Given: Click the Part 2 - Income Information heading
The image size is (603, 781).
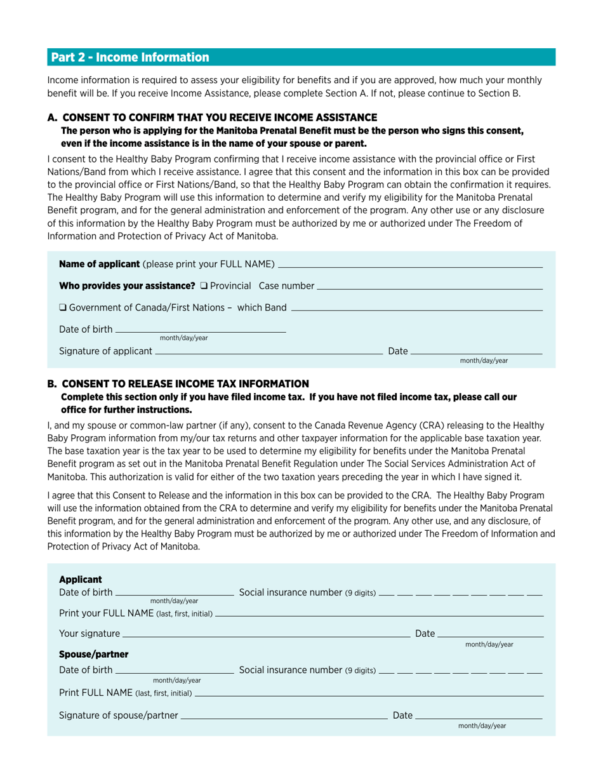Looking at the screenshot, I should click(x=130, y=58).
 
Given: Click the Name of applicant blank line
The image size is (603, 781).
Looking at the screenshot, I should click(x=410, y=265).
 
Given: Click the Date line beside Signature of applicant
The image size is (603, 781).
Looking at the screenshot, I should click(x=476, y=350).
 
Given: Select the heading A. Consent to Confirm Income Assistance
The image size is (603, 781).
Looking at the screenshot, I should click(x=213, y=117).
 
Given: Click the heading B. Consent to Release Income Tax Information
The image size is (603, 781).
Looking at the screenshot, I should click(x=178, y=384).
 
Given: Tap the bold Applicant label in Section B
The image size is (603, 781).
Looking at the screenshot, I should click(x=80, y=579).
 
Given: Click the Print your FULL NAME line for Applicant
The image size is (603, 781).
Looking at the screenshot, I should click(x=379, y=613).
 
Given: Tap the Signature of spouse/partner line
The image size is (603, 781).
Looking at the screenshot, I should click(x=284, y=716).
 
